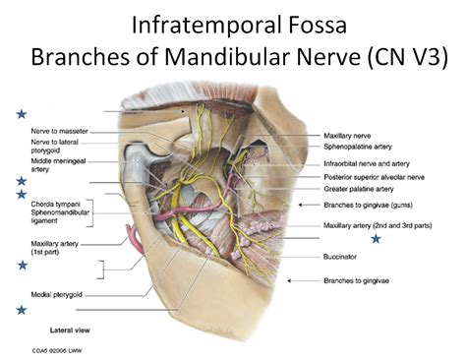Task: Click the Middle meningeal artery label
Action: pos(54,163)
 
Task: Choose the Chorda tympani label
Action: pos(56,202)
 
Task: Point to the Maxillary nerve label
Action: pos(347,135)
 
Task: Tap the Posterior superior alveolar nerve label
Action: pos(374,176)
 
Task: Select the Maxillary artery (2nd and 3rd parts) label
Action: pos(378,224)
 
